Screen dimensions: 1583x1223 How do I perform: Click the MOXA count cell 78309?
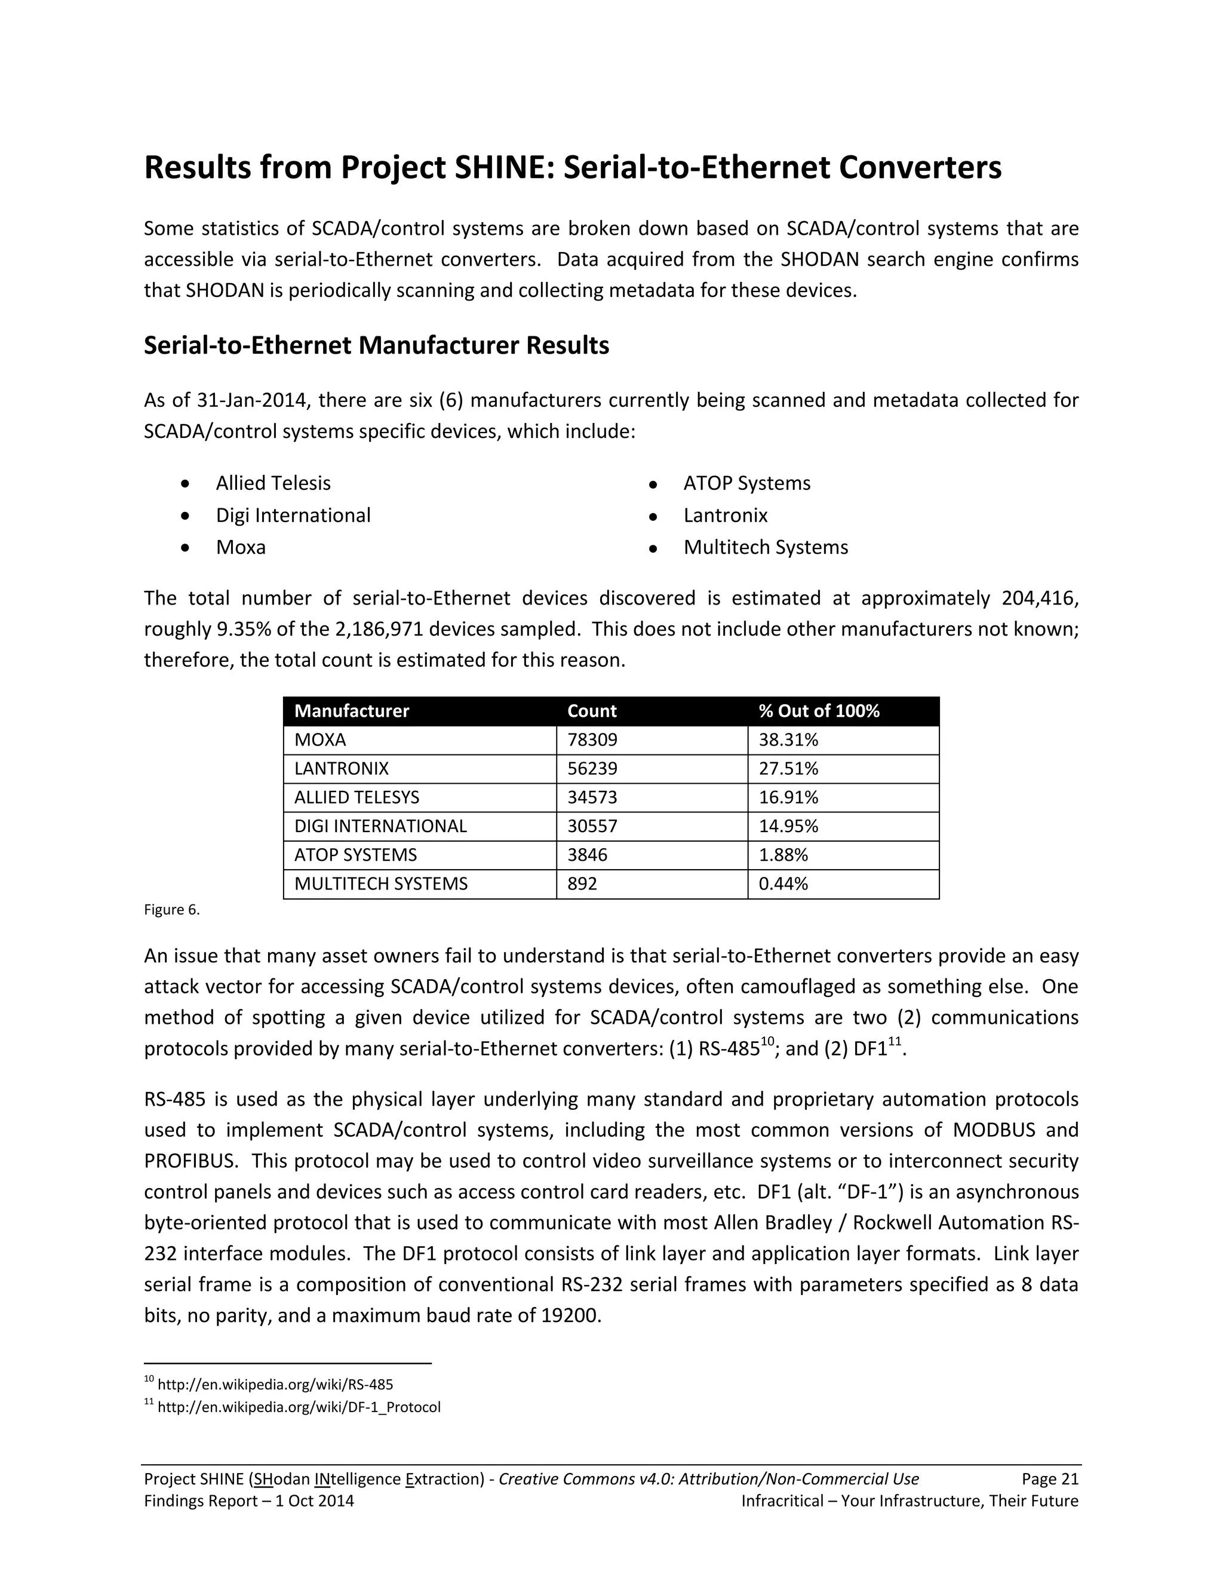[x=592, y=740]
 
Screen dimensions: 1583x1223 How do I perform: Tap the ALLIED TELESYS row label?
[x=357, y=797]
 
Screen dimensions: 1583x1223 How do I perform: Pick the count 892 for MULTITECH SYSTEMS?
[x=582, y=883]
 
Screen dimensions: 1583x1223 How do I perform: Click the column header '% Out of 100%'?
[x=819, y=711]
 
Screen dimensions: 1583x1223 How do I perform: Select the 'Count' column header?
[x=592, y=711]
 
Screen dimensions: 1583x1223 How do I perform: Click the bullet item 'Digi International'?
[x=293, y=516]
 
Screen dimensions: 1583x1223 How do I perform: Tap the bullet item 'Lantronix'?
[x=725, y=516]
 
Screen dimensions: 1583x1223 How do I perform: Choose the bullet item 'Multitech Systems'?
[x=765, y=547]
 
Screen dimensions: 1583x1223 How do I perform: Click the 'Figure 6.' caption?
[x=172, y=910]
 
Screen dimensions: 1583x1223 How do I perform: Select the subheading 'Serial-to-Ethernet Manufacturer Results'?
[x=376, y=345]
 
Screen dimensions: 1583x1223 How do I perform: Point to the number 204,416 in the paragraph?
[x=1040, y=598]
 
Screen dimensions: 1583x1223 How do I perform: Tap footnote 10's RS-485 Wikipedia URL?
[x=275, y=1385]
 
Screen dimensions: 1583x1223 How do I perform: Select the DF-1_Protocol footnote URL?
[x=299, y=1407]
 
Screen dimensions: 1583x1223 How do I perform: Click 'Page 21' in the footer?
[x=1050, y=1478]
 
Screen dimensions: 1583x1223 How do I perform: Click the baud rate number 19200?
[x=570, y=1315]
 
